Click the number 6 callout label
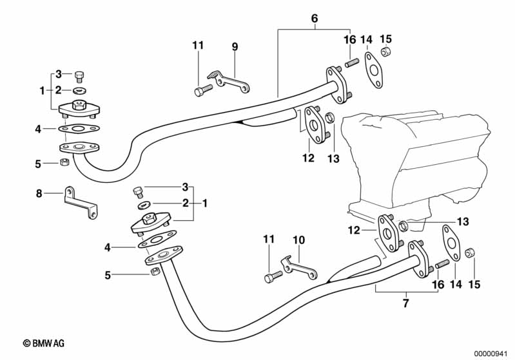pyautogui.click(x=315, y=19)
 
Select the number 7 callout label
pyautogui.click(x=405, y=303)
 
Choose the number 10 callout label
pyautogui.click(x=298, y=240)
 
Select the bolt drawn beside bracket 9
pyautogui.click(x=202, y=90)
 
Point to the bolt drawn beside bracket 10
pyautogui.click(x=273, y=278)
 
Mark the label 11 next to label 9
pyautogui.click(x=198, y=45)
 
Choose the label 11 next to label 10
pyautogui.click(x=269, y=240)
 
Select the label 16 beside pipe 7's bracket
pyautogui.click(x=438, y=284)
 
